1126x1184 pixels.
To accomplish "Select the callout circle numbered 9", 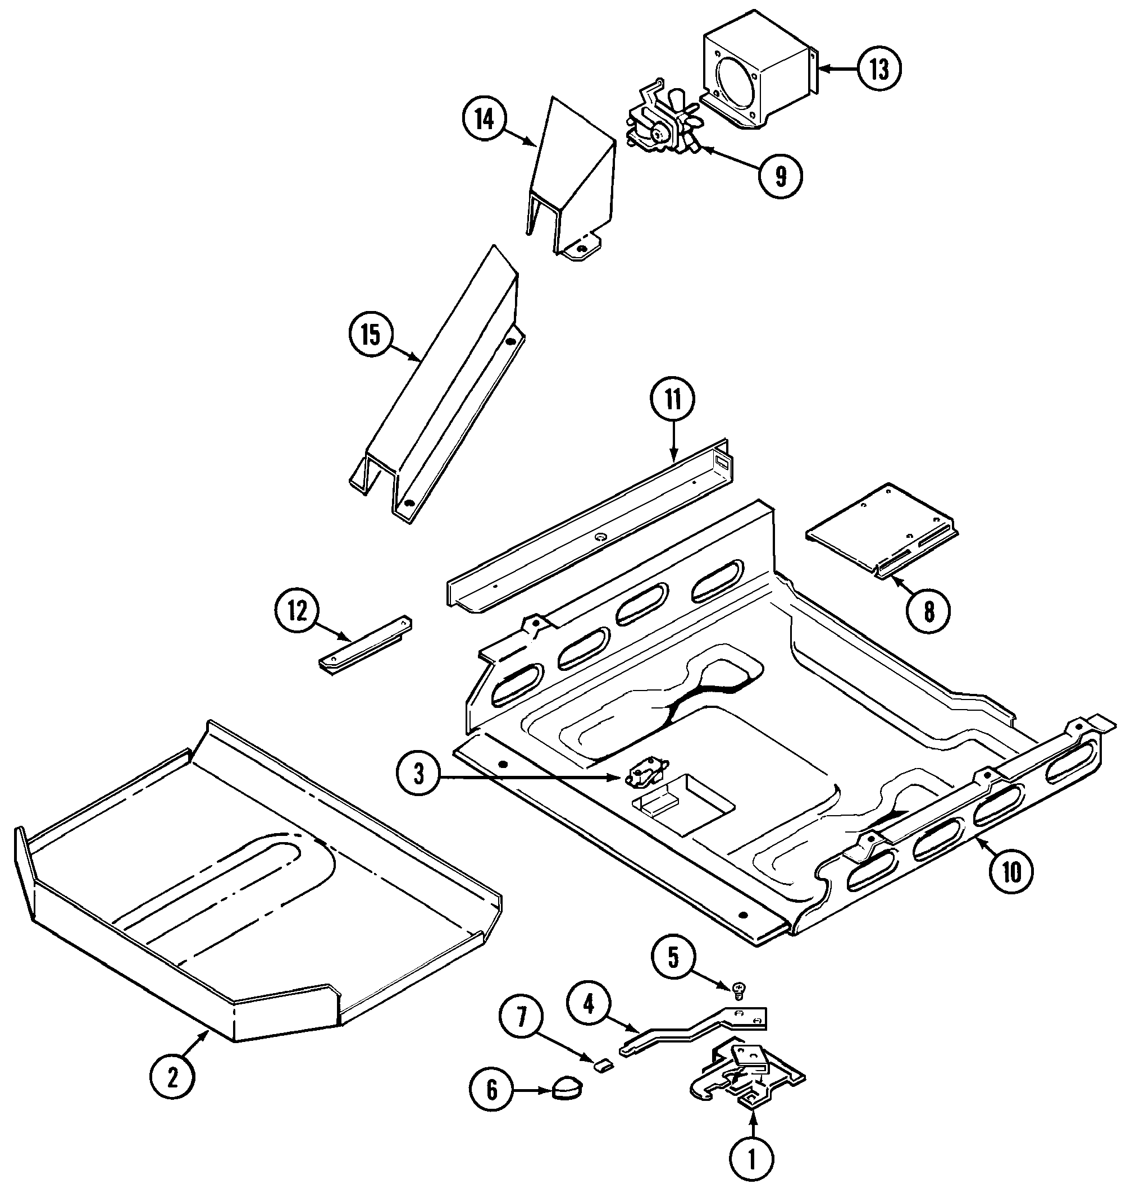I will [x=779, y=176].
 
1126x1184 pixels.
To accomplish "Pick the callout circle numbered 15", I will [x=371, y=335].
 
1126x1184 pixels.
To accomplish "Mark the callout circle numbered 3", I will [x=419, y=774].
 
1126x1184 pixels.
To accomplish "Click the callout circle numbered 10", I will [x=1012, y=873].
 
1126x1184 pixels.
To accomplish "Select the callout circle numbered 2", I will [x=173, y=1078].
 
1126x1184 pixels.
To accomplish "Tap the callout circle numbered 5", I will [x=673, y=958].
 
